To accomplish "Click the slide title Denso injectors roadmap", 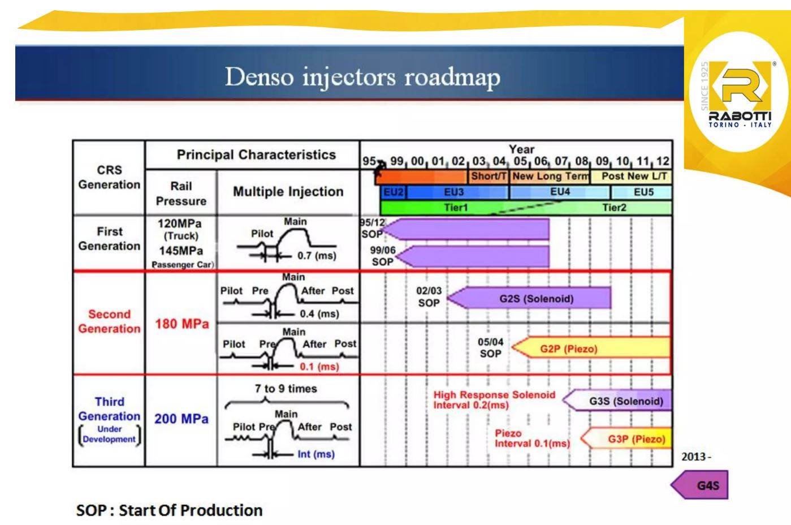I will tap(362, 77).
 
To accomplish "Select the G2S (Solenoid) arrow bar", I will tap(535, 298).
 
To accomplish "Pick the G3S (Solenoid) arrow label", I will tap(625, 401).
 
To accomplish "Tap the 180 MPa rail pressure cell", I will tap(181, 324).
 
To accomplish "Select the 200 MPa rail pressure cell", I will tap(181, 419).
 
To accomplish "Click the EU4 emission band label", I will tap(560, 192).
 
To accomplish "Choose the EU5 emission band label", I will tap(643, 192).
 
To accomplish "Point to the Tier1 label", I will tap(456, 208).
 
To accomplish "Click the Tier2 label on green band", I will tap(614, 208).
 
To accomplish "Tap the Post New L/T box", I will tap(633, 176).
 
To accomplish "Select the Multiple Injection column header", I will tap(288, 192).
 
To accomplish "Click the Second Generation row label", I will tap(109, 321).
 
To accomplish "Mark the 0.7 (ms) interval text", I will tap(317, 256).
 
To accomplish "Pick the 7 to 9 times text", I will tap(286, 389).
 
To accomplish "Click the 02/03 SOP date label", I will tap(429, 296).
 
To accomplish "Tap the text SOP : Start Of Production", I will tap(169, 510).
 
